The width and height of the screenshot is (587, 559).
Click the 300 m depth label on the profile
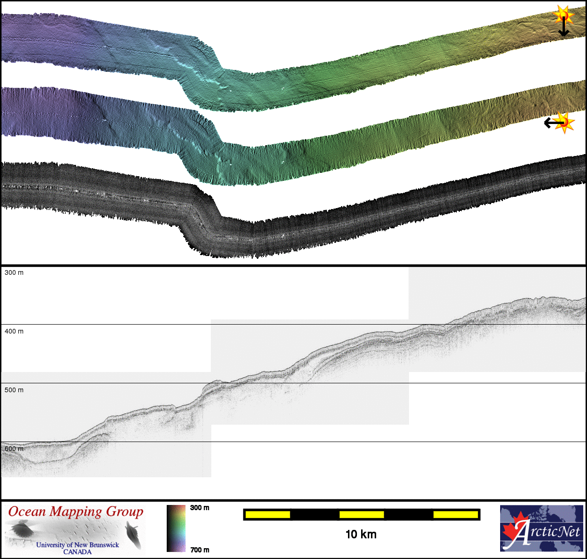pos(14,272)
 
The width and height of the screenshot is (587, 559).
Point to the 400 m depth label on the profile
pos(14,331)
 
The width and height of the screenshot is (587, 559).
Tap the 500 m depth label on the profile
pos(14,390)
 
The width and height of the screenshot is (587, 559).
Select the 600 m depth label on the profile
pos(14,449)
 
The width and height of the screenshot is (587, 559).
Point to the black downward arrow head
pos(564,33)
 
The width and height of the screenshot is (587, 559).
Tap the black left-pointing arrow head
pos(548,123)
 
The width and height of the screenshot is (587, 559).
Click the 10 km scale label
pos(361,534)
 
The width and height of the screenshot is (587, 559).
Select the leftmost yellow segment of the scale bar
pos(268,514)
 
